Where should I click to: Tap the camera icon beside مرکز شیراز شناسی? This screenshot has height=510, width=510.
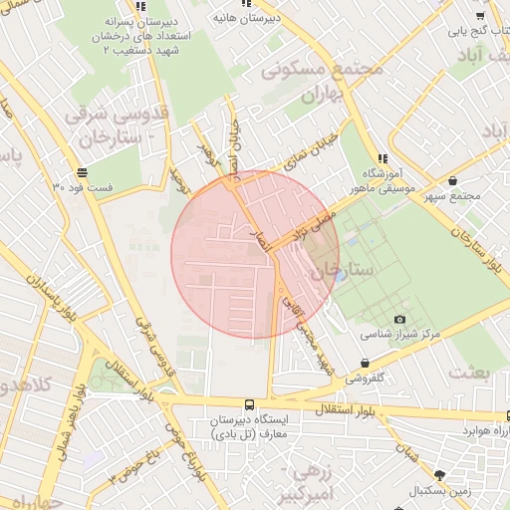coord(399,320)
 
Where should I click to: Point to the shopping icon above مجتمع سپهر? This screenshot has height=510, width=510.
coord(454,181)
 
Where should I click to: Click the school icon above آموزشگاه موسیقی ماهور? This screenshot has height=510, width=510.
coord(383,158)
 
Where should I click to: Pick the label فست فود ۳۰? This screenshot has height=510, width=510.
coord(91,187)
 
